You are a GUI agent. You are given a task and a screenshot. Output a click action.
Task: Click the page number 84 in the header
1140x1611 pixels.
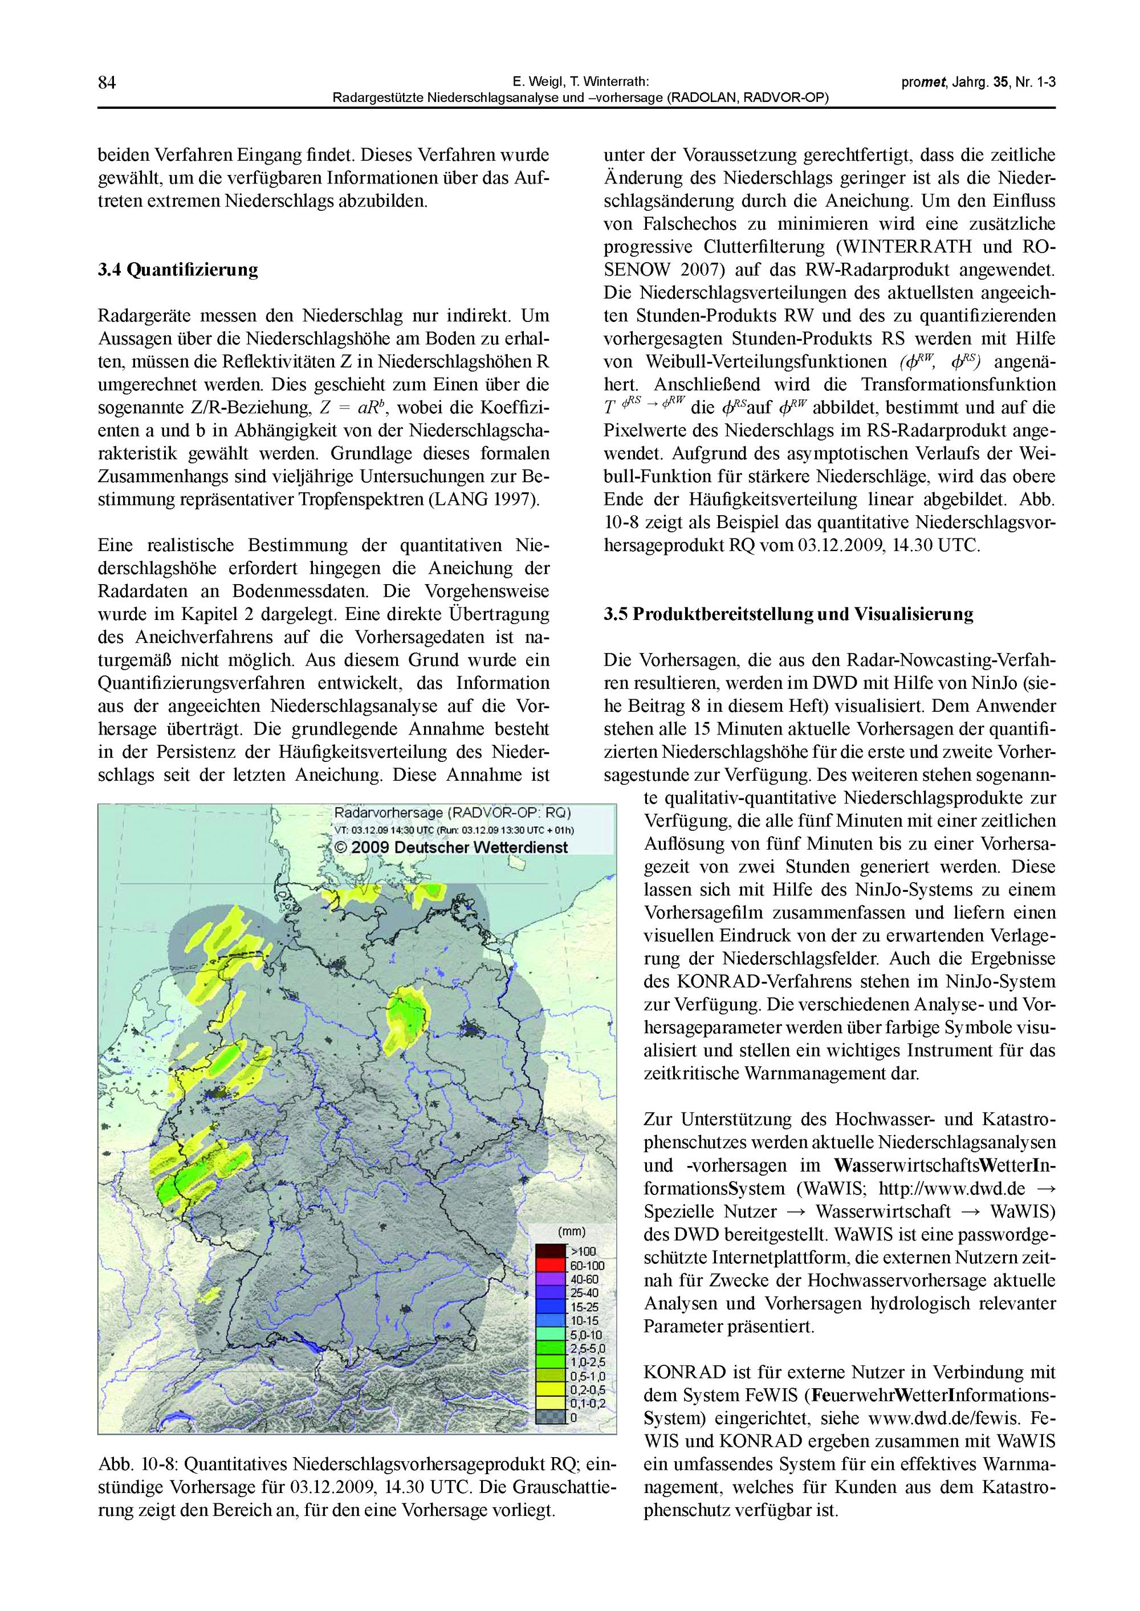pyautogui.click(x=107, y=83)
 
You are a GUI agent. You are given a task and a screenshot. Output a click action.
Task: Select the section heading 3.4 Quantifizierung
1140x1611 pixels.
pyautogui.click(x=178, y=270)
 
